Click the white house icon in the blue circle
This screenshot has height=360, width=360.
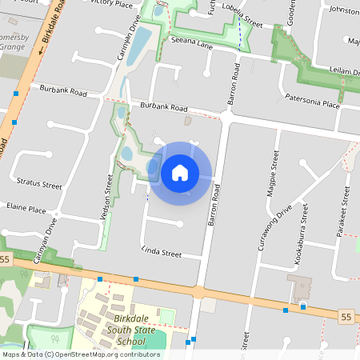pos(180,172)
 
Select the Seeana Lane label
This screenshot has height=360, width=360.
pos(189,46)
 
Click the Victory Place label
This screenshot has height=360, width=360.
pos(111,3)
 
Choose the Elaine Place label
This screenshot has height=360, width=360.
pos(26,209)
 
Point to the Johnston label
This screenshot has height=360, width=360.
pos(344,10)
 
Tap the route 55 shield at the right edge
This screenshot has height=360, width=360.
pos(346,318)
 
